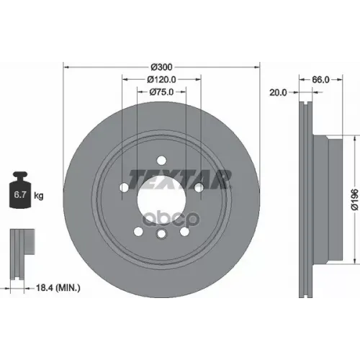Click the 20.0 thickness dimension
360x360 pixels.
tap(277, 92)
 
